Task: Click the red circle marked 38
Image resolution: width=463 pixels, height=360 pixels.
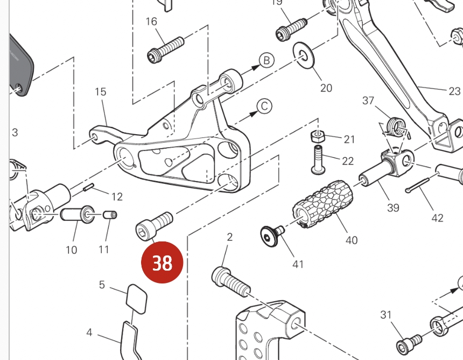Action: click(x=162, y=263)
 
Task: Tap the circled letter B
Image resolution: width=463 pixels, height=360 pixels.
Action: click(x=267, y=61)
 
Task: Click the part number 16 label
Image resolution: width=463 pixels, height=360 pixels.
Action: click(x=152, y=22)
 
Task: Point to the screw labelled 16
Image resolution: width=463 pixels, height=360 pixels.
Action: click(x=165, y=48)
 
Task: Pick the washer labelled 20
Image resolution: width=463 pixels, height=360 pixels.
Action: click(x=305, y=55)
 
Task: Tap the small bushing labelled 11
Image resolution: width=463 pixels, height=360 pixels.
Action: click(x=110, y=215)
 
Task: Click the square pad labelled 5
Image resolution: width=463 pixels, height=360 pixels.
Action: click(x=136, y=298)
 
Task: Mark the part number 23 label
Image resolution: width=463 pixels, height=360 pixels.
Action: click(x=454, y=91)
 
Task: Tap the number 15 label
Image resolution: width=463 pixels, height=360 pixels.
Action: click(x=101, y=92)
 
